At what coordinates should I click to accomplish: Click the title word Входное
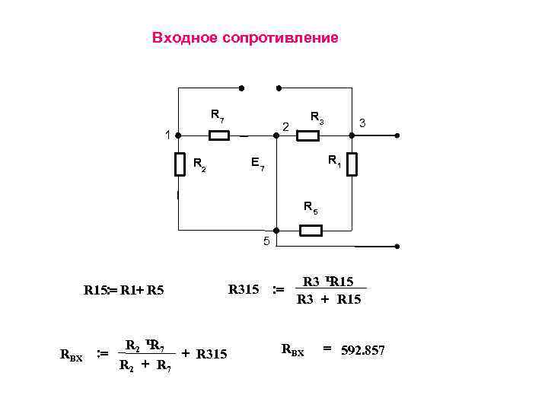(184, 38)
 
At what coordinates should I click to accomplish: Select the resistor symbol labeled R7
(218, 135)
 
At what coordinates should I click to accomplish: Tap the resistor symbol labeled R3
(307, 135)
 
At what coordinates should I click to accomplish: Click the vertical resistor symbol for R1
(352, 164)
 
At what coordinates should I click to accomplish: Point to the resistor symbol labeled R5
(311, 230)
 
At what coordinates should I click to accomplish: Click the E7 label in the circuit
(257, 164)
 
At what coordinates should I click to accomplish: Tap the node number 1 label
(167, 135)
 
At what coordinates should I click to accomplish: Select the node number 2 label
(285, 126)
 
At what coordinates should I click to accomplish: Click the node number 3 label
(363, 123)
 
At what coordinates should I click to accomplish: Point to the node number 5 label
(266, 242)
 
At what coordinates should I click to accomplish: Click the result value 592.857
(364, 350)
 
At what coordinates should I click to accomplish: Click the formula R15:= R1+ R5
(124, 290)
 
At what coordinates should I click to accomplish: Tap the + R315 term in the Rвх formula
(204, 353)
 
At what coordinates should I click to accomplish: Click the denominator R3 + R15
(329, 300)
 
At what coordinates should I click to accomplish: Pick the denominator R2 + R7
(145, 365)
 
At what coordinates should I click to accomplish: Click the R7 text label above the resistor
(217, 116)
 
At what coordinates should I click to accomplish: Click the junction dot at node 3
(352, 135)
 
